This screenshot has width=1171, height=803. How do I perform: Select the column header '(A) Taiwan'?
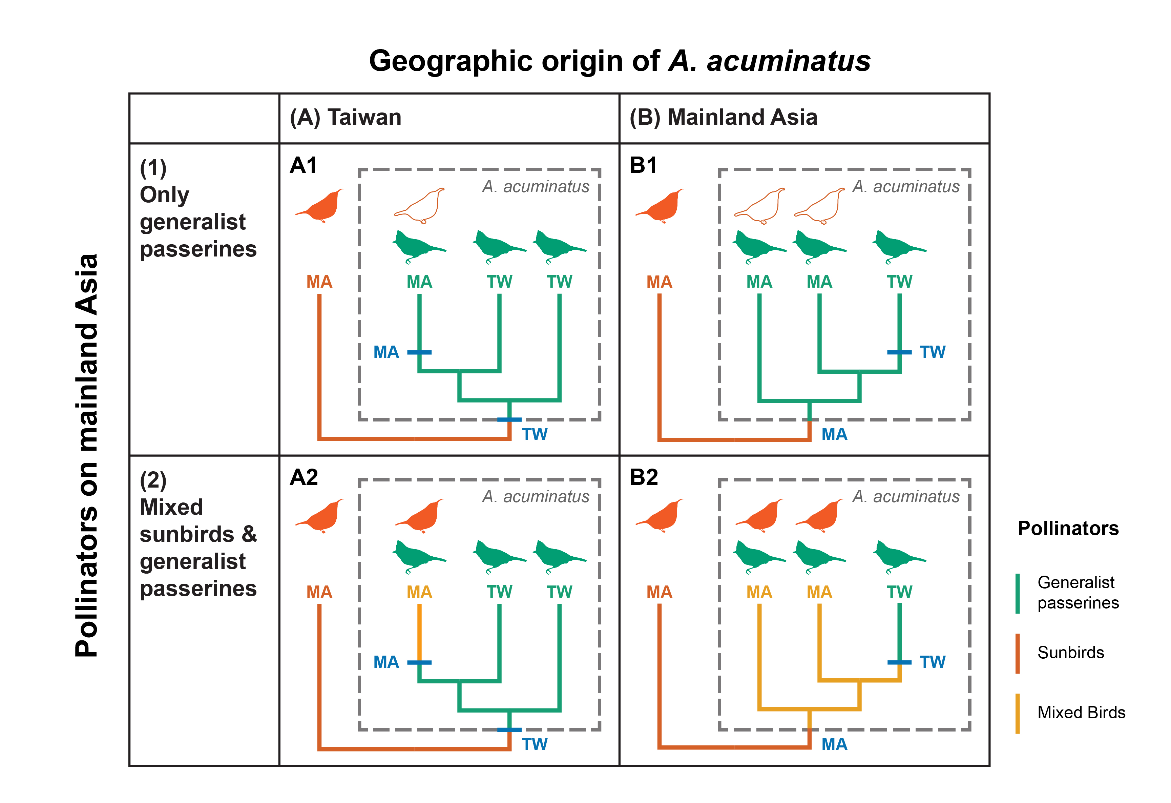(x=345, y=118)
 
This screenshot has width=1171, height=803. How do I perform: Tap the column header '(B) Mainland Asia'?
(x=723, y=118)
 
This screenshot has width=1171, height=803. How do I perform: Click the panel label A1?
(x=303, y=165)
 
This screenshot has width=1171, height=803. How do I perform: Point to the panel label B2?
(x=644, y=477)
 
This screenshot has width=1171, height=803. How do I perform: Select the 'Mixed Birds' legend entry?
(x=1081, y=712)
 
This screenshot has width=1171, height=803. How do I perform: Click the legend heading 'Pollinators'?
(x=1068, y=528)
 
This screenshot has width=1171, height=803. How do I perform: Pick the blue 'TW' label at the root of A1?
(x=534, y=434)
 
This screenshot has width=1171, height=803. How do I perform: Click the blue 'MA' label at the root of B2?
(x=834, y=744)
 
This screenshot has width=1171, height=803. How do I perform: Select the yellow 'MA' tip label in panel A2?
(x=419, y=592)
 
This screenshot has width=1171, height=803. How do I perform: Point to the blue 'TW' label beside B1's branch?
(x=932, y=352)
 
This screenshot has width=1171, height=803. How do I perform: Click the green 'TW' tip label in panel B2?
(x=899, y=592)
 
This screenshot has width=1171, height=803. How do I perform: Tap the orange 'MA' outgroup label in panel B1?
(x=659, y=282)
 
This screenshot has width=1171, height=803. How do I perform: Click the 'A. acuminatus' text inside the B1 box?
(x=905, y=186)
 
